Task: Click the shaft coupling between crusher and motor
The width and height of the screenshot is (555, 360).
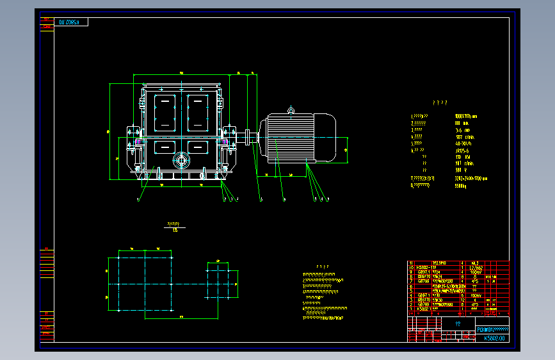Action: [x=246, y=137]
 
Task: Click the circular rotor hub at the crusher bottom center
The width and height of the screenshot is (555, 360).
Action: [x=182, y=159]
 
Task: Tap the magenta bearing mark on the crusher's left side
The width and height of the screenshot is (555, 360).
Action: [x=138, y=142]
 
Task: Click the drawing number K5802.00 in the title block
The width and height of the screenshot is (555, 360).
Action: [x=494, y=338]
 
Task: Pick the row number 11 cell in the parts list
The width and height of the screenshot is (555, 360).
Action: [x=411, y=263]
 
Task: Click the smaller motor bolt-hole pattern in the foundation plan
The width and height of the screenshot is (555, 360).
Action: [x=222, y=280]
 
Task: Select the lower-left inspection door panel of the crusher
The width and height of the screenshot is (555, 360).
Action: [x=165, y=147]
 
